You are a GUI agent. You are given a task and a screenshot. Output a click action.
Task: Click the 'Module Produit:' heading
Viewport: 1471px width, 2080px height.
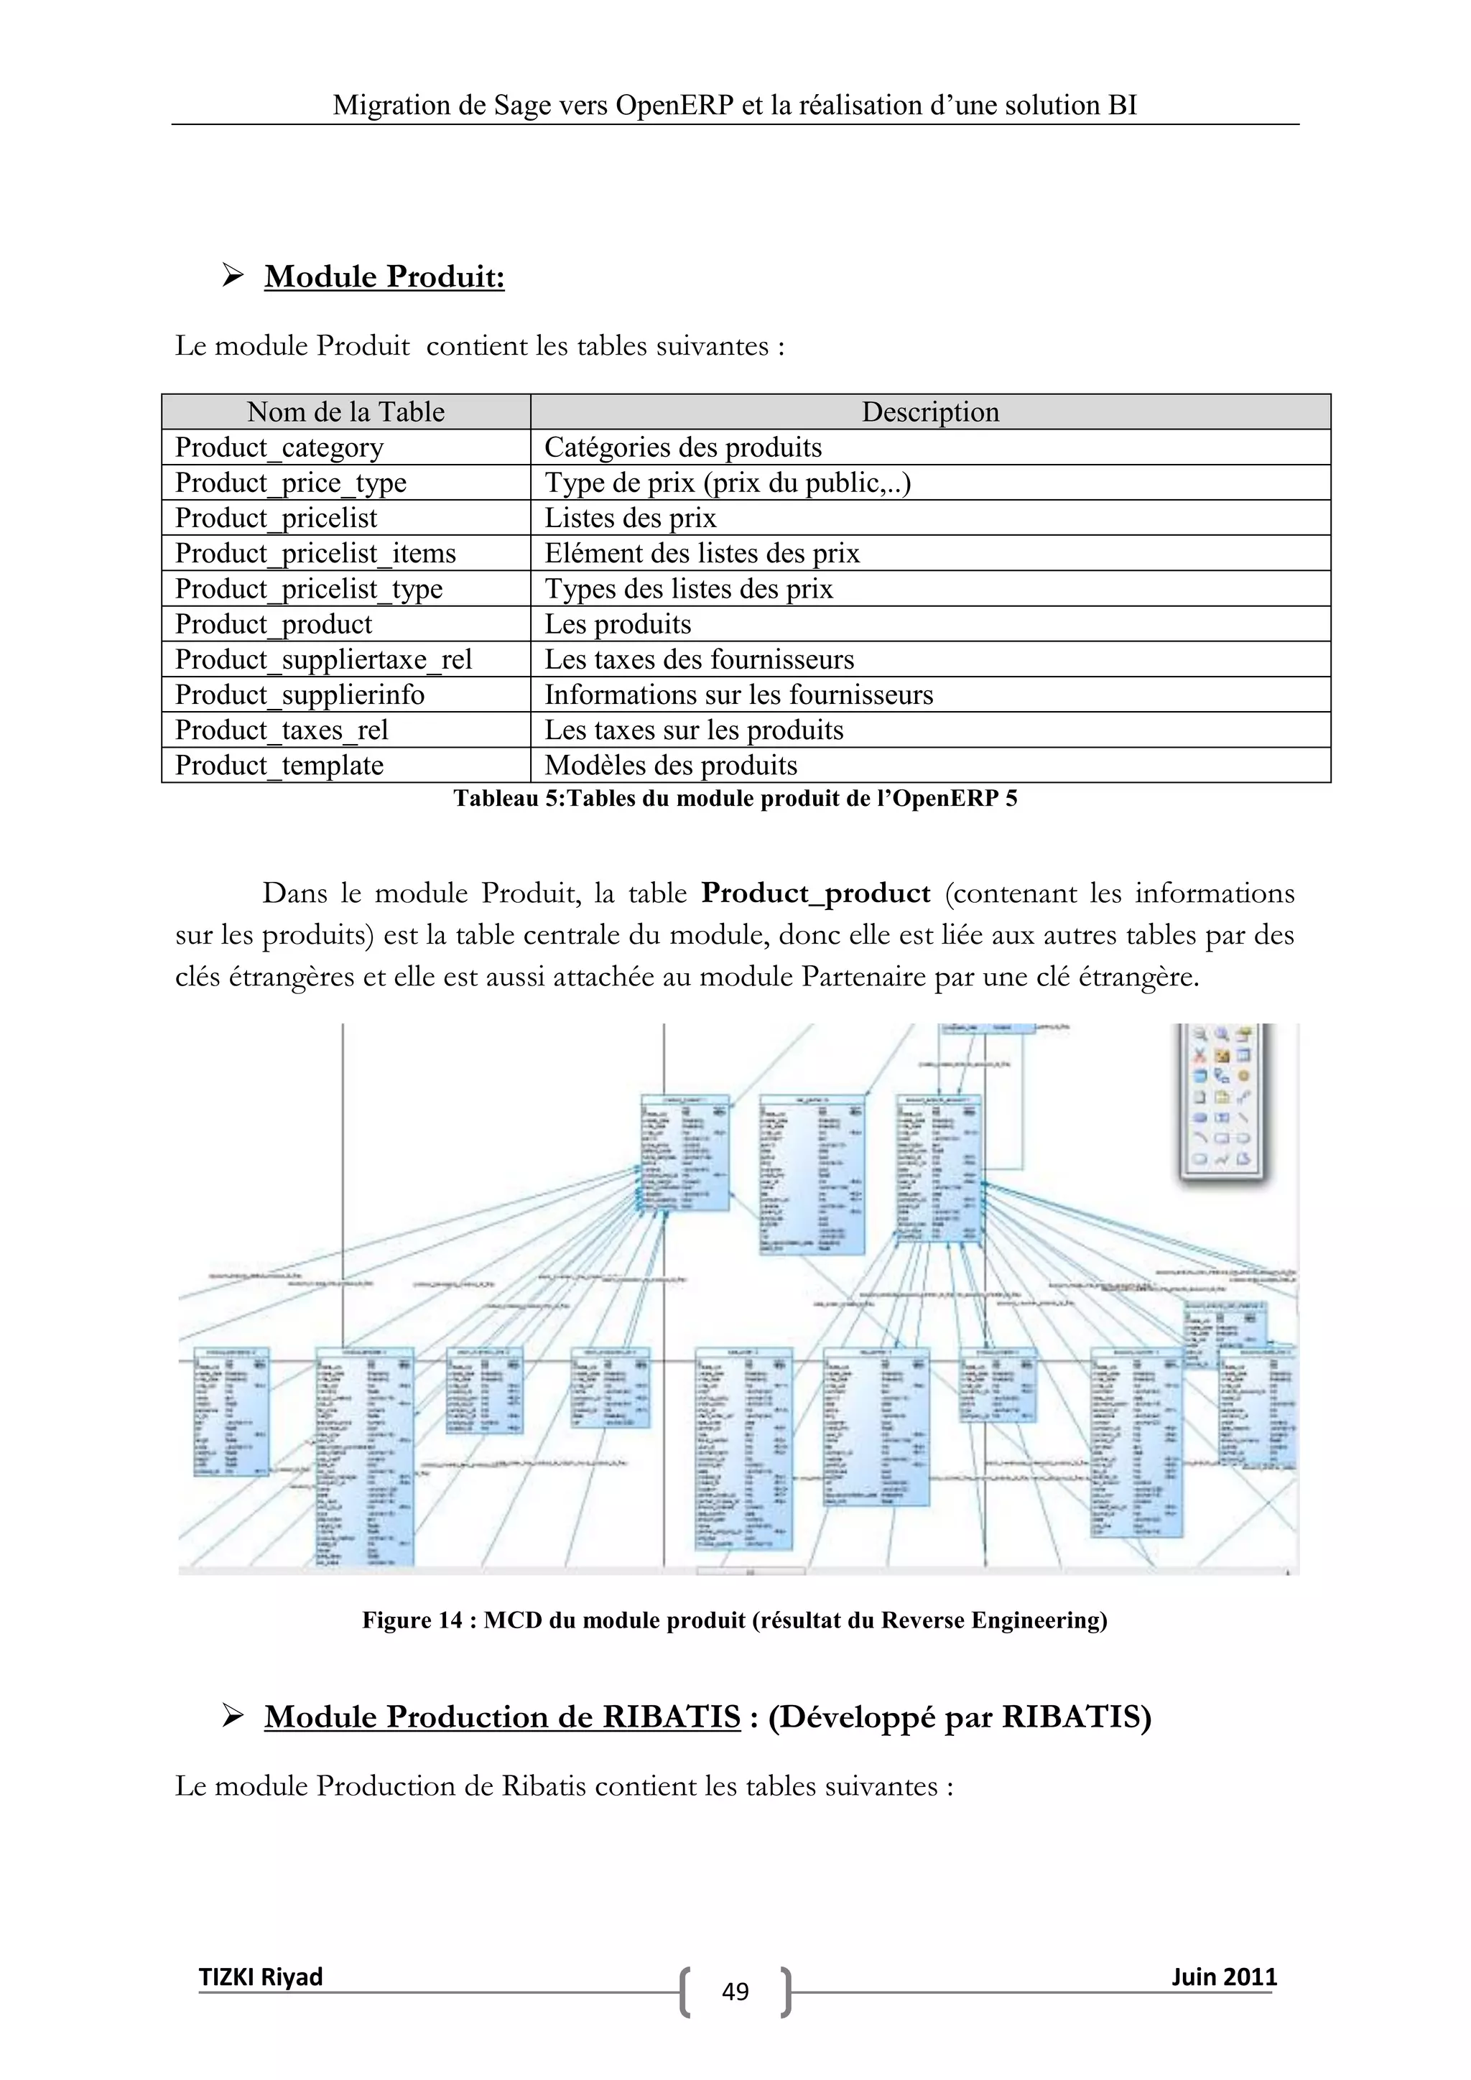[x=384, y=277]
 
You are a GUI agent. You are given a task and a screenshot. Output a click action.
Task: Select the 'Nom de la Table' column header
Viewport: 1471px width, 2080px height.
[x=346, y=412]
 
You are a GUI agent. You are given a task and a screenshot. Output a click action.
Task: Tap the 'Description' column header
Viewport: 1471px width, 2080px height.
[x=930, y=412]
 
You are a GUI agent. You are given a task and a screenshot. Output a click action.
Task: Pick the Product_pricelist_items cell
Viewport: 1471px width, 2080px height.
[x=315, y=554]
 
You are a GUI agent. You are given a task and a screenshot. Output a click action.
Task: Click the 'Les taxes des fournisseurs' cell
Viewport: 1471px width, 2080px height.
[x=700, y=659]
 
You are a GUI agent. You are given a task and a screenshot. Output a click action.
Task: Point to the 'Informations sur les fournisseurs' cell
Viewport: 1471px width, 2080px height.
[x=738, y=695]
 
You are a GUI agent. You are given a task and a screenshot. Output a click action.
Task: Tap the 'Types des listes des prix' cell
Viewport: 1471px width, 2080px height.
[x=688, y=589]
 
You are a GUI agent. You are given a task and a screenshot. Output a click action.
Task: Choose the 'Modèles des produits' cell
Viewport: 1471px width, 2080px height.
[x=670, y=766]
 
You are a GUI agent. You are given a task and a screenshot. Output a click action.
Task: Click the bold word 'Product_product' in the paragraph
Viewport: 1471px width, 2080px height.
[x=816, y=893]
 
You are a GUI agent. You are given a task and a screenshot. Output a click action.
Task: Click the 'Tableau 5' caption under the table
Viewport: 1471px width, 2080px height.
[x=735, y=798]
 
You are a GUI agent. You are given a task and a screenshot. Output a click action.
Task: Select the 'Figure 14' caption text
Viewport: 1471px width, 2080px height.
[x=735, y=1620]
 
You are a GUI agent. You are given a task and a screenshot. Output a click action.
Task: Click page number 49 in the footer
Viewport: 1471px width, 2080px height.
[x=735, y=1991]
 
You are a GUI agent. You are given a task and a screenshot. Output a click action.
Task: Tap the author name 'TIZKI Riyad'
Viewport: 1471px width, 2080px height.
[x=261, y=1977]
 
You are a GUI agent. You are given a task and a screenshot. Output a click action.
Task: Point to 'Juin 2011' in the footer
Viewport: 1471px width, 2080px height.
[x=1224, y=1977]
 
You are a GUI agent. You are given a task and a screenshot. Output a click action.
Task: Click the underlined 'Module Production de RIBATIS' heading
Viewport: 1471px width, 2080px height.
[x=503, y=1717]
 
